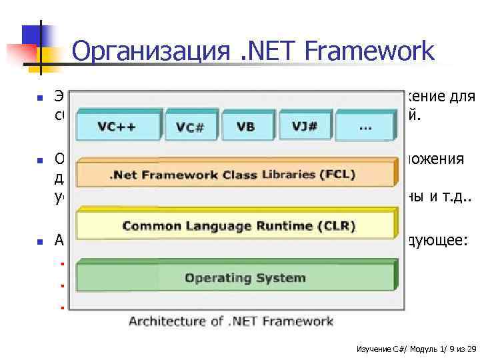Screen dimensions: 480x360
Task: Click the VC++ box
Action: (x=118, y=127)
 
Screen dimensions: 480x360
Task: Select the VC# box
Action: (x=189, y=127)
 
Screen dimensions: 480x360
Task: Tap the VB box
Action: (x=245, y=126)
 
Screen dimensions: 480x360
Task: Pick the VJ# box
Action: (x=303, y=125)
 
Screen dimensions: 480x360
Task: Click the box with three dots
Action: (x=365, y=125)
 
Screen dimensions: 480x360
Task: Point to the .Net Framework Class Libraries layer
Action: (x=233, y=175)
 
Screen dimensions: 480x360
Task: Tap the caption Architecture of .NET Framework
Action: (x=231, y=321)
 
